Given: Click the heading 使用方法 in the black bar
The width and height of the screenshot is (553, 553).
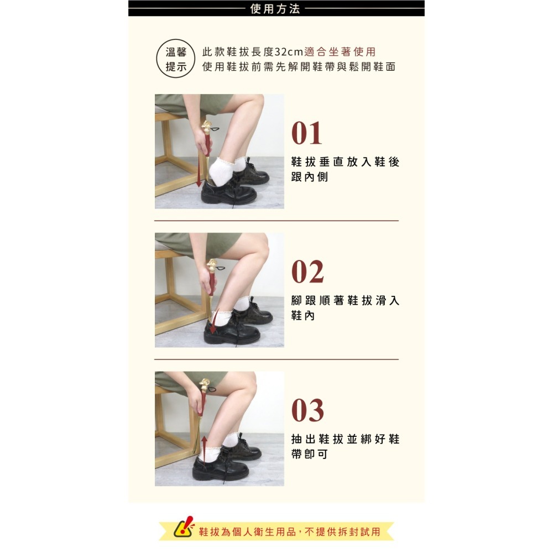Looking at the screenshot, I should [x=275, y=8].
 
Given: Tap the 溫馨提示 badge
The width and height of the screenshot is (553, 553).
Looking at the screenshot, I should [x=176, y=59].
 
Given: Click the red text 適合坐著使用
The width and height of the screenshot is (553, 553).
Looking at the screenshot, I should [x=340, y=52].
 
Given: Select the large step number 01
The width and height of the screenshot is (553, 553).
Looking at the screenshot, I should [x=307, y=133].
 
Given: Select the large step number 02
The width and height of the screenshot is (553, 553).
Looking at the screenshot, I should [x=307, y=272].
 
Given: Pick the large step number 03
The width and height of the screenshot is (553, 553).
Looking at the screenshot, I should [x=307, y=411].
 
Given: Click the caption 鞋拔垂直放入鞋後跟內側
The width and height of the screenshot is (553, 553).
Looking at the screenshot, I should [x=345, y=169].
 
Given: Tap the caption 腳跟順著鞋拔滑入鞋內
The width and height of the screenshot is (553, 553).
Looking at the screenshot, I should [x=345, y=308].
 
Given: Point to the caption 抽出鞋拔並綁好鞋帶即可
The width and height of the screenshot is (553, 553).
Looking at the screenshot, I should [x=345, y=446].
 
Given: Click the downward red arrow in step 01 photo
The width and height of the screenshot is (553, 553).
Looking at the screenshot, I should [x=199, y=174].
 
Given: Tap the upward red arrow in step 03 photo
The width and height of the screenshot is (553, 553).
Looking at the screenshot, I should [x=204, y=448].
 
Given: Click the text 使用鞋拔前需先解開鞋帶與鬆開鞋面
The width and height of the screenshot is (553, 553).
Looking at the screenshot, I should [x=299, y=67].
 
